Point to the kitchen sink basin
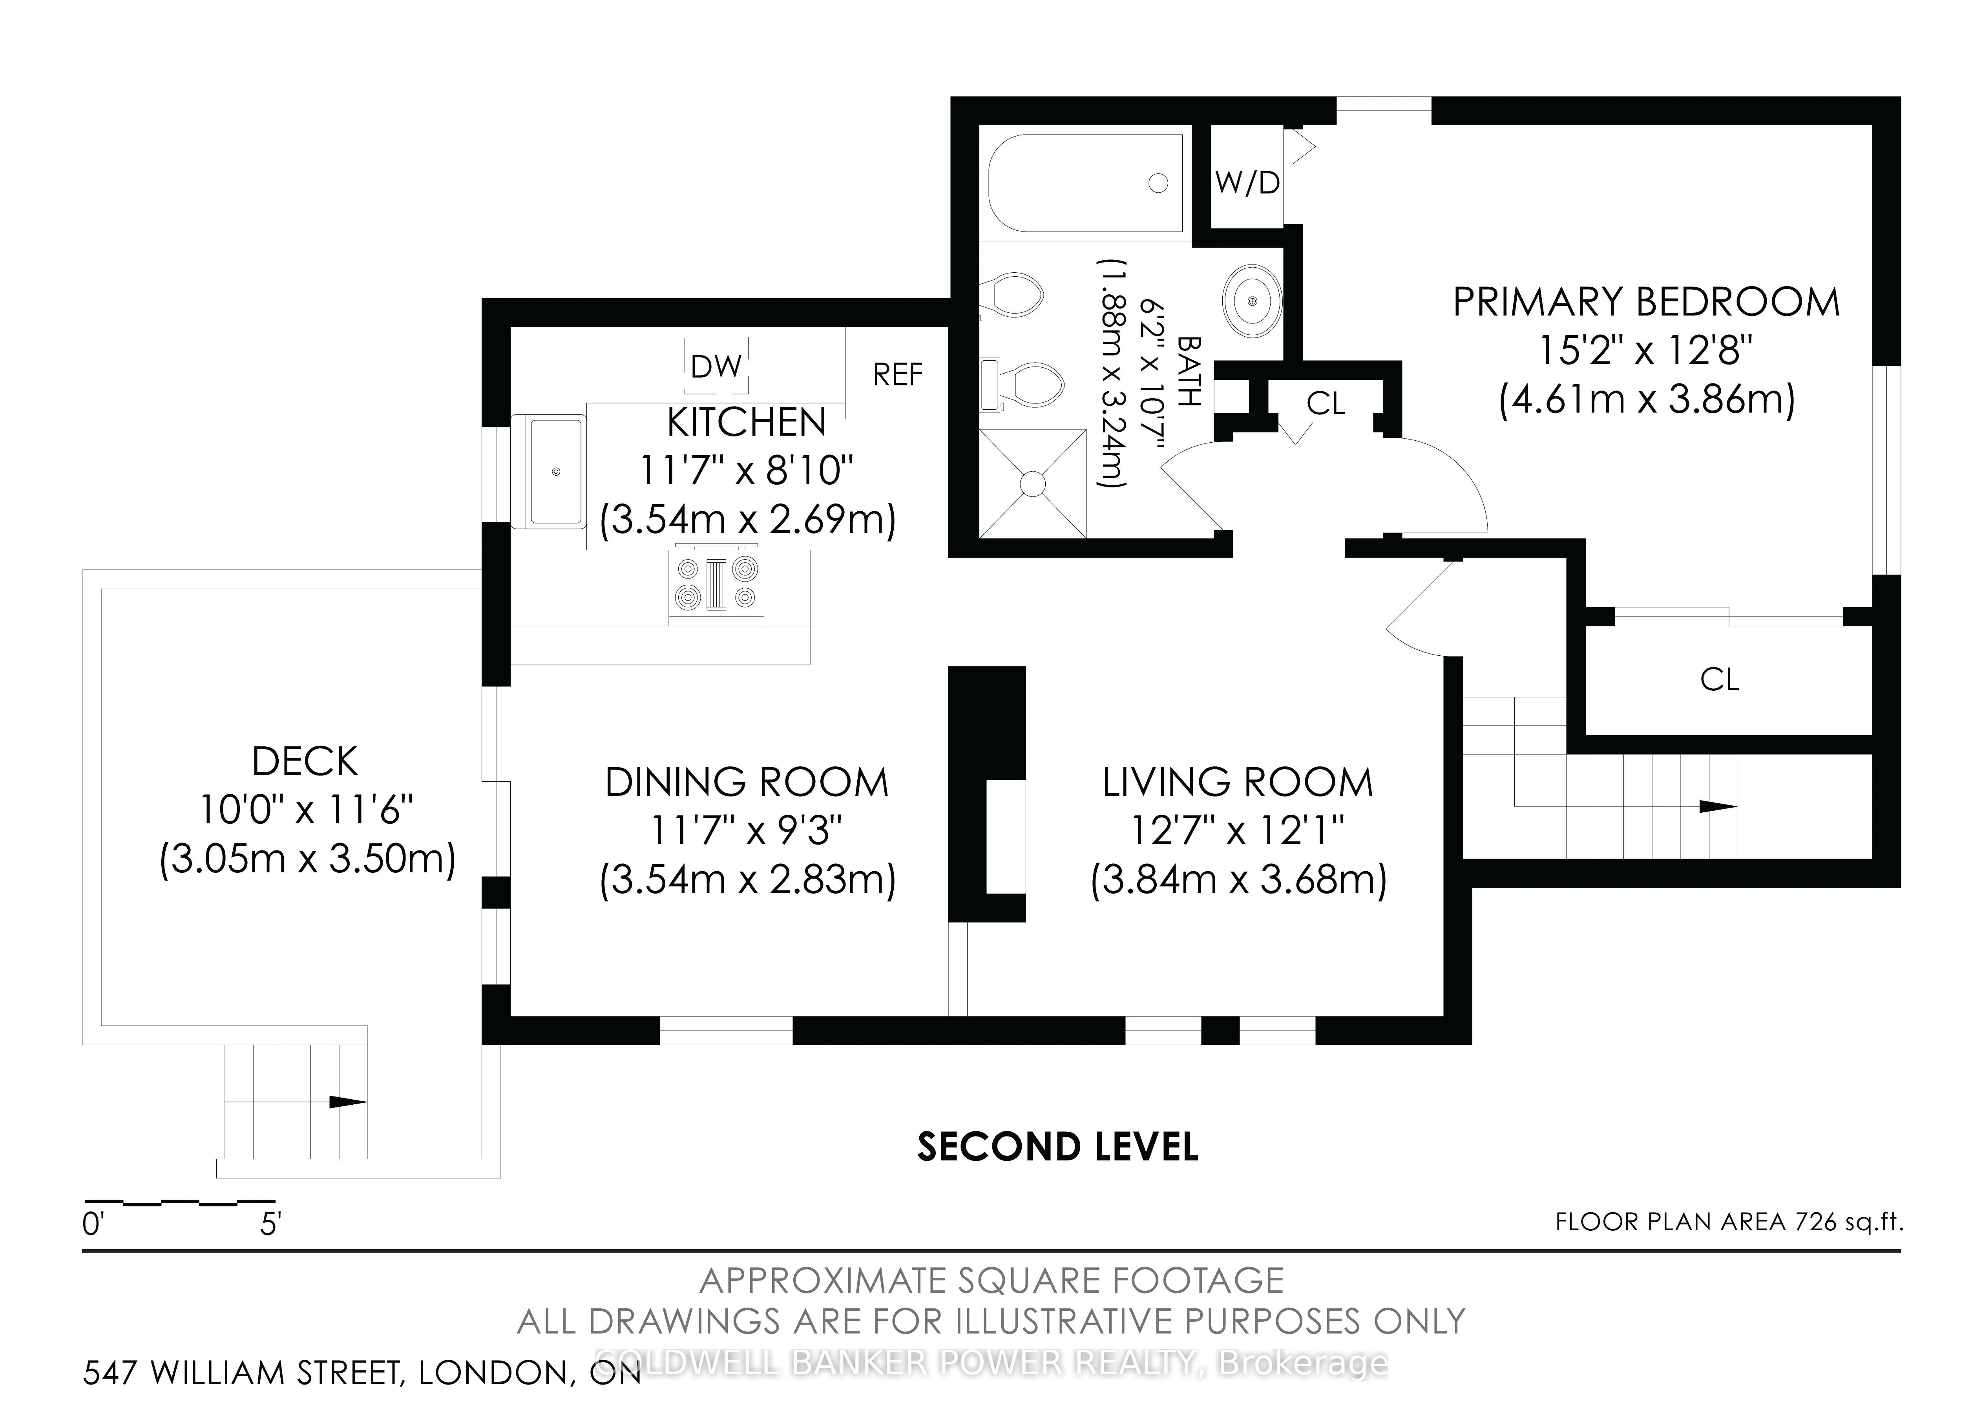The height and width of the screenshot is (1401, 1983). click(x=555, y=472)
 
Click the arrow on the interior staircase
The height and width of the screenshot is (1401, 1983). click(x=1718, y=807)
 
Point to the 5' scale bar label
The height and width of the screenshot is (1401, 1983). click(x=270, y=1224)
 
